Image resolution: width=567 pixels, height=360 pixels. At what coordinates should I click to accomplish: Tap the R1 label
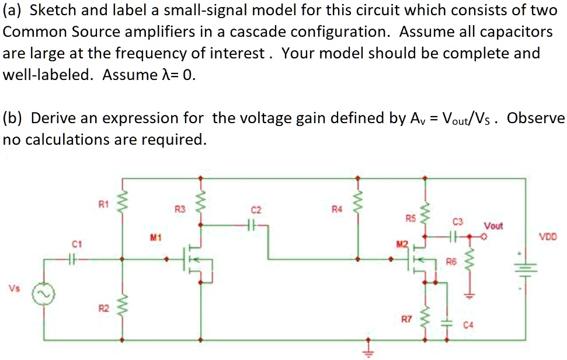pos(103,204)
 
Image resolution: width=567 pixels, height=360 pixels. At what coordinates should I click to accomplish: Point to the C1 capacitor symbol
pos(73,258)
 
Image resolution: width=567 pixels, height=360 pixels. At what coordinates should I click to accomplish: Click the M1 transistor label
pos(155,237)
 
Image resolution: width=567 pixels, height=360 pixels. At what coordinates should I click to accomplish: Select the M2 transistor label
pos(400,243)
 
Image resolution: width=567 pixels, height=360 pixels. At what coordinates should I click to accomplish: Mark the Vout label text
pos(493,225)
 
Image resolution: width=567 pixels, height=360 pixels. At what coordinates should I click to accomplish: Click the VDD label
pos(548,237)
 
